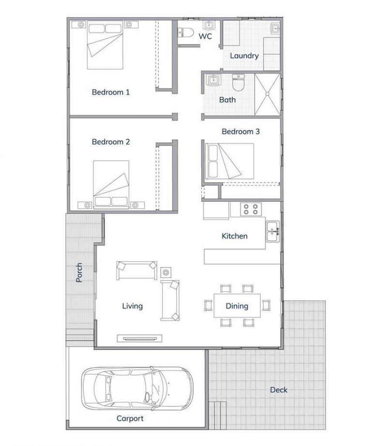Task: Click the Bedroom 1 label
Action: click(x=111, y=92)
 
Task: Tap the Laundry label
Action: click(x=244, y=56)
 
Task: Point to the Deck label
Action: click(x=279, y=389)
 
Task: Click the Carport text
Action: click(x=130, y=418)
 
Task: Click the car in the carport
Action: click(x=137, y=387)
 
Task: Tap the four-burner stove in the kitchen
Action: click(x=251, y=209)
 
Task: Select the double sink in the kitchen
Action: click(x=272, y=231)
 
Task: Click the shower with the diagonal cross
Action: click(x=267, y=94)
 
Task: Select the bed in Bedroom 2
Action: click(x=111, y=184)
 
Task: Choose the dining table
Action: click(x=237, y=305)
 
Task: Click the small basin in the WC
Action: click(x=209, y=25)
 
